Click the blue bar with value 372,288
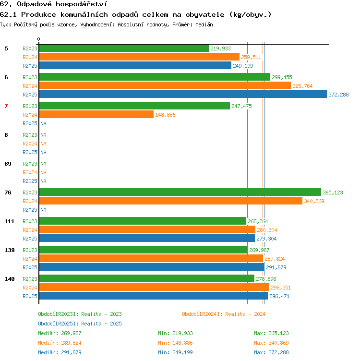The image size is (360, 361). coord(183,94)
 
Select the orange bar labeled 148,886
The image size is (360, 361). coord(96,114)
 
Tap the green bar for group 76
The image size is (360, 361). coord(180,192)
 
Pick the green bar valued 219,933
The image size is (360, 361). coord(124,48)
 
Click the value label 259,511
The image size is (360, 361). coord(251,57)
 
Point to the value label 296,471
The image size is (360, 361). coord(279,296)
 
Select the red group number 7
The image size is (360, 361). coord(6,106)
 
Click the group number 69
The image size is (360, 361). coord(8,164)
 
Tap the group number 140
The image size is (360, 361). coord(10,279)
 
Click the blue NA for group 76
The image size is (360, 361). coord(43,210)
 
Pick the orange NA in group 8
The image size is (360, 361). coord(43,144)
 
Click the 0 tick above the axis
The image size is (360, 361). coord(39,39)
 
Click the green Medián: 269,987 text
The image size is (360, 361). coord(60,333)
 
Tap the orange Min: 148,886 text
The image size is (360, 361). coord(175,343)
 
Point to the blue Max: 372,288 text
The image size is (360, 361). coord(271,352)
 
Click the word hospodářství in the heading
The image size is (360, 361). coord(82,4)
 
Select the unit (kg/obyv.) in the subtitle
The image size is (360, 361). coord(250,14)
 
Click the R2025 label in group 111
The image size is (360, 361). coord(30,239)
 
